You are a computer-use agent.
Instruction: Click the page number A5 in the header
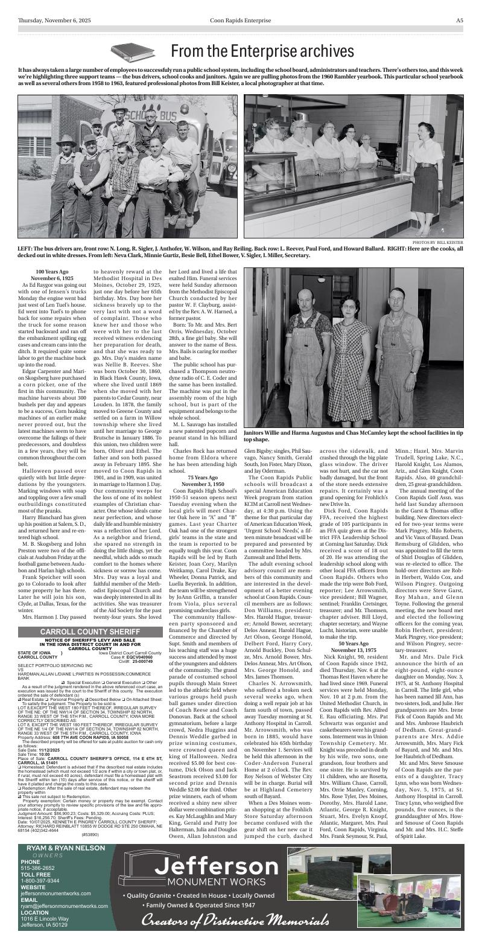(x=459, y=20)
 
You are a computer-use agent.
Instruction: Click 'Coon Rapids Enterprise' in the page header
(x=241, y=20)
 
